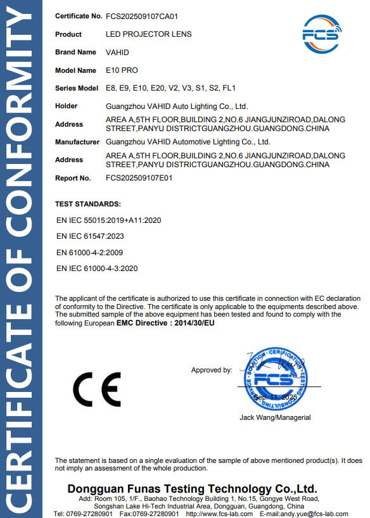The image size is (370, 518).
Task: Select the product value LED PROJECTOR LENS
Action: [148, 34]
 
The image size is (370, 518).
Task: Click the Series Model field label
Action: [77, 88]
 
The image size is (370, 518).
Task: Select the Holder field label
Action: [67, 106]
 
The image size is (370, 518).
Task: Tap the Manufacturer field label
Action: [77, 142]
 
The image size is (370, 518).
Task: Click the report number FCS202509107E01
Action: [139, 178]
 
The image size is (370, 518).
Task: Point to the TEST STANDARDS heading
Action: [88, 204]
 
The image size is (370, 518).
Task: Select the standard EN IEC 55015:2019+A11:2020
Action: [109, 221]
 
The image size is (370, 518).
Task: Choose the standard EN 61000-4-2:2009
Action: [92, 253]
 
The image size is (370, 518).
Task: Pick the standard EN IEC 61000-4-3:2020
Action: [97, 268]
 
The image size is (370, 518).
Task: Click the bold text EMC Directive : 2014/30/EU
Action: [165, 323]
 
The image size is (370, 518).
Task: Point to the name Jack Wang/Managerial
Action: [275, 417]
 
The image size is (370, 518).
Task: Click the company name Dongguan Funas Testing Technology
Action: [192, 489]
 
